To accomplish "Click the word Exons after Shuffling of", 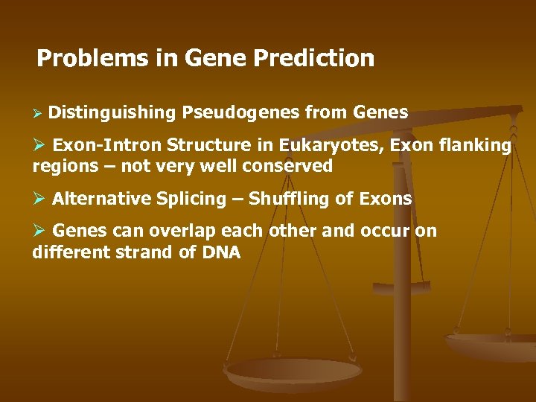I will [x=384, y=199].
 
